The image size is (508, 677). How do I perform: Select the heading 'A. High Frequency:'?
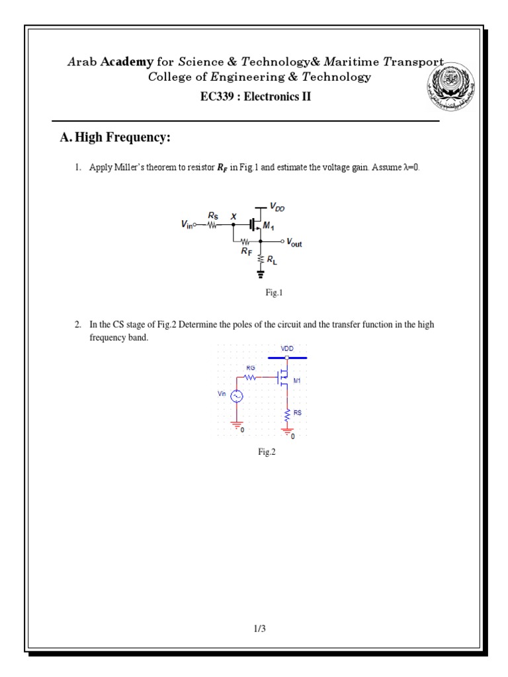click(x=115, y=138)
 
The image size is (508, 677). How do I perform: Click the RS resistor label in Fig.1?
click(x=213, y=216)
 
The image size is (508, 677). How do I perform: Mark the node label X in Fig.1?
click(x=233, y=216)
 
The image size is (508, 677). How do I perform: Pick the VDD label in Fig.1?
click(x=278, y=208)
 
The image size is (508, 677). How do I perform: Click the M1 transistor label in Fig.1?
click(x=269, y=227)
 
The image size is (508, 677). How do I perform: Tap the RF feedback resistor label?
click(x=247, y=251)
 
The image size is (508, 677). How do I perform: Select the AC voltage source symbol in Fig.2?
click(x=237, y=395)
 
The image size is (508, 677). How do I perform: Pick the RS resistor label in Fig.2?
click(x=298, y=412)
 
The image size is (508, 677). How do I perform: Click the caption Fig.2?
click(x=267, y=453)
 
